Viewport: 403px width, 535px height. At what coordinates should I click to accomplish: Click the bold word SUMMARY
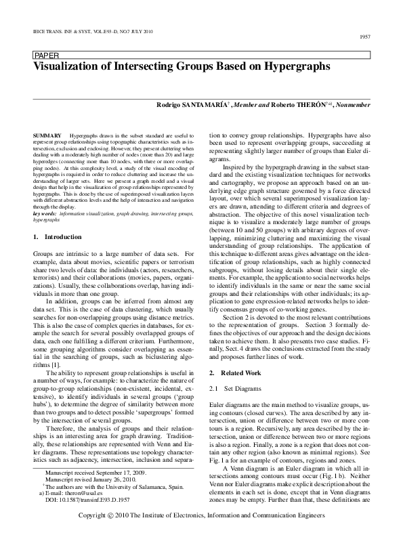pyautogui.click(x=47, y=136)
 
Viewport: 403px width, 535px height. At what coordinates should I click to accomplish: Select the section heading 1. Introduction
pyautogui.click(x=58, y=237)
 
